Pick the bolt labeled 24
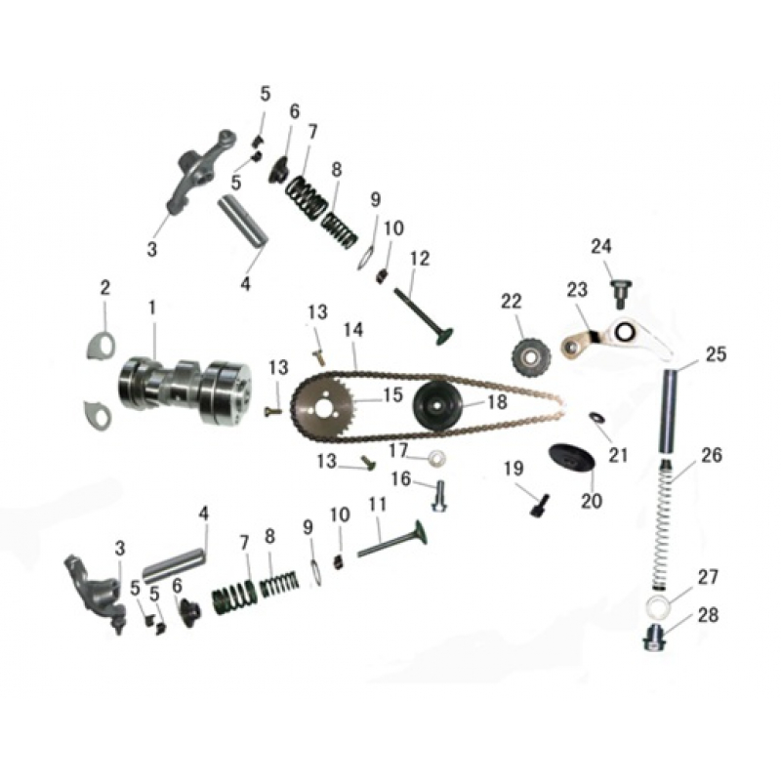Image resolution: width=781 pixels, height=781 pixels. point(617,291)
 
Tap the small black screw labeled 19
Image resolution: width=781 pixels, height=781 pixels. point(540,506)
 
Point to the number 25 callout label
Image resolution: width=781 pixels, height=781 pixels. point(716,354)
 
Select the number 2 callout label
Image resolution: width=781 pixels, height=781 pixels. point(105,288)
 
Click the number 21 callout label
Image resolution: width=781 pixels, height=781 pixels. point(618,455)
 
